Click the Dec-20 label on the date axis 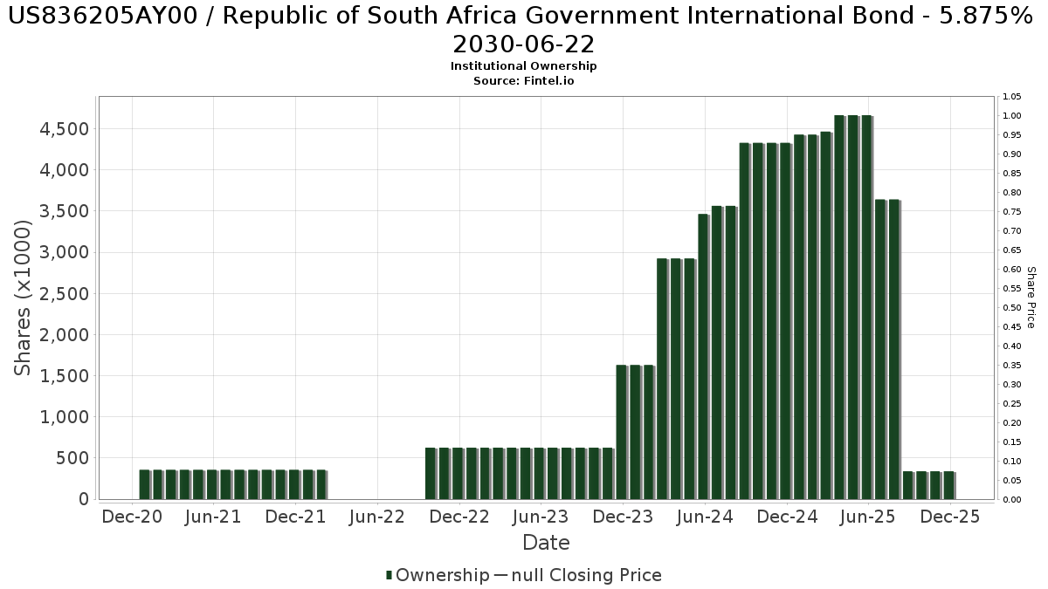(x=132, y=517)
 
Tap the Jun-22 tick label (x=376, y=517)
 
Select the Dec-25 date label (x=950, y=517)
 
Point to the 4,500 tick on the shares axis (x=64, y=129)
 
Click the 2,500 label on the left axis (x=64, y=294)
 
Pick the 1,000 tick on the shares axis (x=64, y=417)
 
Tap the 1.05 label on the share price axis (x=1012, y=97)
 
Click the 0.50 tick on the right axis (x=1012, y=308)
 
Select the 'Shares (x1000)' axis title (x=24, y=298)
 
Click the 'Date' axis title (x=546, y=543)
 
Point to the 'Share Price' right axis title (x=1031, y=298)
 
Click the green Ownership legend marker (x=389, y=575)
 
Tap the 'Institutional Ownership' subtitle (x=523, y=66)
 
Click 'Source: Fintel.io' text (x=523, y=80)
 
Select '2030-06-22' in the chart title (x=523, y=45)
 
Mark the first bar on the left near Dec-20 (x=144, y=484)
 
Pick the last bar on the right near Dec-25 (x=948, y=485)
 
